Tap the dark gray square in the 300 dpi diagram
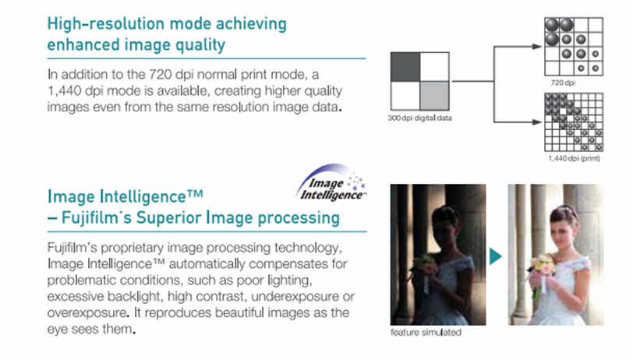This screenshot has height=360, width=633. coord(405,66)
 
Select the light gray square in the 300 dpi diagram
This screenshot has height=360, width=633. coord(434,96)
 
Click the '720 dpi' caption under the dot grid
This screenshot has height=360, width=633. coord(563,83)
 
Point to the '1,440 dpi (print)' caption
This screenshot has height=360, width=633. coord(574,159)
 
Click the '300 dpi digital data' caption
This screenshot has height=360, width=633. coord(420,118)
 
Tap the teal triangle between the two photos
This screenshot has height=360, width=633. coord(496,256)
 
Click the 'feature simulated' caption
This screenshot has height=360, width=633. coord(426,333)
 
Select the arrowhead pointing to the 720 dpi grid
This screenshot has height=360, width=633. coord(537,47)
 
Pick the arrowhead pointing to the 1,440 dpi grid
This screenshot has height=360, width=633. coord(537,122)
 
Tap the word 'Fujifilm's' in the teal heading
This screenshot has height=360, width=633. coord(97,218)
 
